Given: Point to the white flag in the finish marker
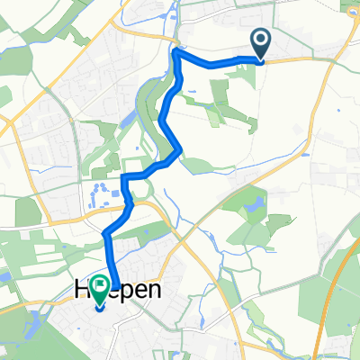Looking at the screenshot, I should click(x=98, y=288).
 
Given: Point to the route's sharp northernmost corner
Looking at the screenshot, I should click(x=175, y=53).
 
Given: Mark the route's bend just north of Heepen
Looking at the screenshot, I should click(x=106, y=235).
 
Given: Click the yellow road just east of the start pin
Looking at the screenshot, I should click(x=297, y=60).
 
